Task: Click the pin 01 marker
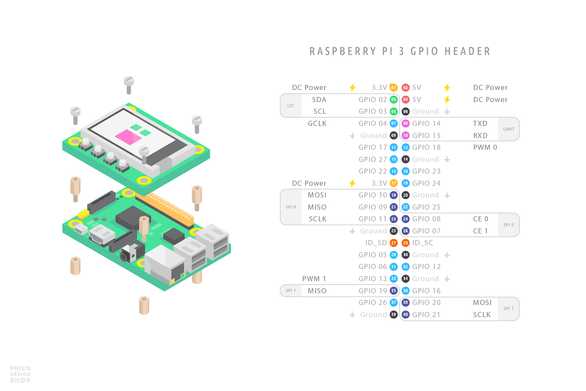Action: tap(393, 88)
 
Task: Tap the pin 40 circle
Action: tap(406, 314)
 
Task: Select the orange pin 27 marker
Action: tap(393, 243)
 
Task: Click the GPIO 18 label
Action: tap(426, 147)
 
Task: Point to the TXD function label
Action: tap(480, 124)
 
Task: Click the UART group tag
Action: tap(509, 129)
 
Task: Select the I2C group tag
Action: tap(291, 106)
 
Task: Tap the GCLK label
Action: tap(317, 124)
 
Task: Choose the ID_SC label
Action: tap(423, 243)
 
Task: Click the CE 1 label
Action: tap(481, 231)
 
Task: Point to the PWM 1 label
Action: tap(314, 279)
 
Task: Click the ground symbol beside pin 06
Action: tap(447, 112)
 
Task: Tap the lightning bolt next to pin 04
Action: tap(447, 100)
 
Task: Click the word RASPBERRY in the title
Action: tap(343, 52)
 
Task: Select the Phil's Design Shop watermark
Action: tap(20, 374)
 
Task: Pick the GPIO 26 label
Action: tap(373, 303)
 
